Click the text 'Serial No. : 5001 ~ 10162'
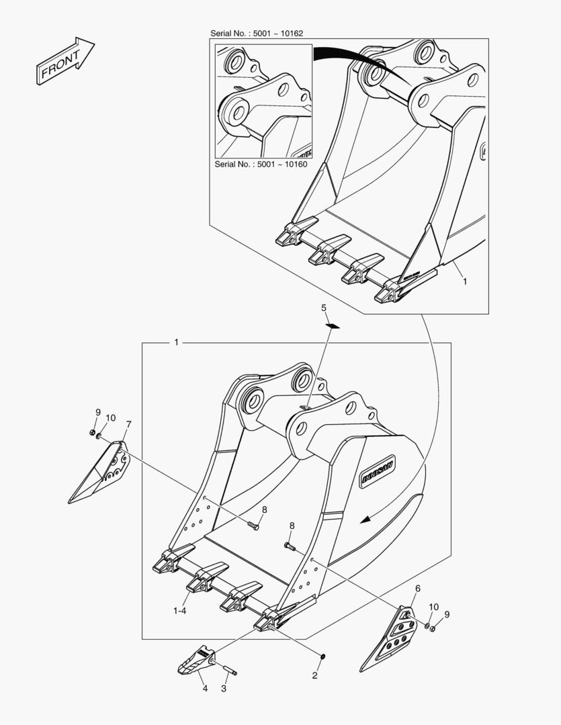tap(257, 34)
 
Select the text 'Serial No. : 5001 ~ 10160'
tap(261, 164)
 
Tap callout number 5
tap(324, 307)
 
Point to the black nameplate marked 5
tap(333, 326)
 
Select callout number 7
tap(129, 424)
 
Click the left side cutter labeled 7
tap(100, 472)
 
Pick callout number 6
tap(417, 588)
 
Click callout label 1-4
tap(180, 611)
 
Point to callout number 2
tap(314, 675)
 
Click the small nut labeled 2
tap(323, 656)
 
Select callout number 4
tap(205, 689)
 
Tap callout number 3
tap(224, 689)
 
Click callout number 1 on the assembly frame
tap(176, 342)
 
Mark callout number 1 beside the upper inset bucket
tap(465, 281)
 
